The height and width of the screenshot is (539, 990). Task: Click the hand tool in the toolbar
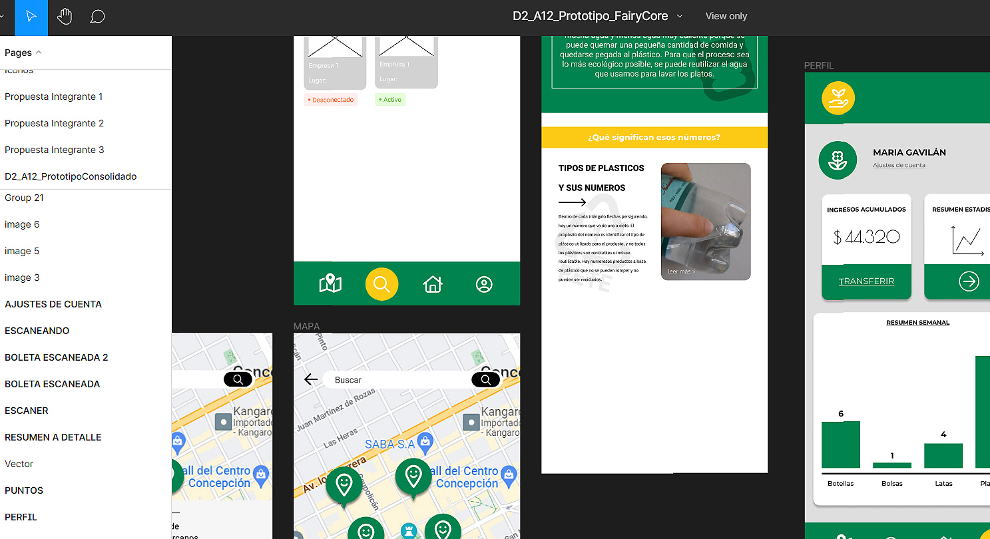coord(65,17)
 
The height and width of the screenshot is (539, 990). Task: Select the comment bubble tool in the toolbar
coord(97,17)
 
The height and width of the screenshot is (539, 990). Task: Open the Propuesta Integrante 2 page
coord(55,123)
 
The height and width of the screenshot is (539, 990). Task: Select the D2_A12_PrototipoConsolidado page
coord(71,176)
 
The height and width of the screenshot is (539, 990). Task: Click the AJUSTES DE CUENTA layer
coord(53,304)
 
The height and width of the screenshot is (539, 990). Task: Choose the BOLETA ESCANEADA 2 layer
coord(57,357)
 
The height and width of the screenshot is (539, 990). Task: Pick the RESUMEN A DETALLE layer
coord(53,437)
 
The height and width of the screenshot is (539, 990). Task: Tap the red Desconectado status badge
coord(331,100)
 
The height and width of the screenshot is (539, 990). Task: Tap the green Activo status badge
coord(390,100)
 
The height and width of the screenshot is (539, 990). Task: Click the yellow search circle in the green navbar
coord(381,284)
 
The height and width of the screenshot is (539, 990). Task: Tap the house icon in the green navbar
coord(433,284)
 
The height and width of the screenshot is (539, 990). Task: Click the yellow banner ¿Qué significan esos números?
coord(654,138)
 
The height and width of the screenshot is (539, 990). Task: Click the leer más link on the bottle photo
coord(682,271)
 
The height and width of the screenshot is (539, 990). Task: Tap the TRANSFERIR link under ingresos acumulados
coord(866,281)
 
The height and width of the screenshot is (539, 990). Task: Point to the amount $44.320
coord(866,237)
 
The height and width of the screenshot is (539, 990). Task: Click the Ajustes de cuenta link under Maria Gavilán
coord(899,165)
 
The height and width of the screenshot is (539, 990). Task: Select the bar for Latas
coord(943,456)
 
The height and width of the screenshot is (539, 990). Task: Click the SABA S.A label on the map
coord(389,444)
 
